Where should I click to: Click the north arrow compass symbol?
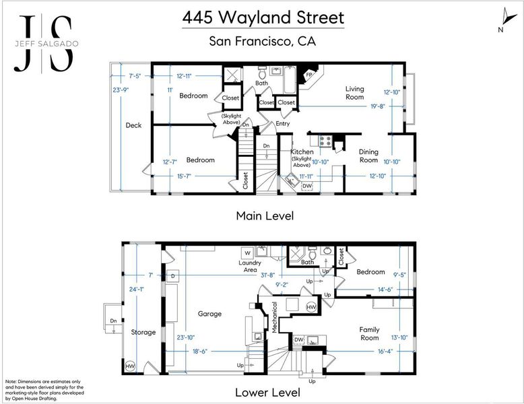click(x=509, y=17)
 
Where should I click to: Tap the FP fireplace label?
click(x=309, y=75)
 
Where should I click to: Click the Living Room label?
click(x=354, y=93)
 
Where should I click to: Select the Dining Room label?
click(x=368, y=156)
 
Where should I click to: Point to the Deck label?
click(x=133, y=125)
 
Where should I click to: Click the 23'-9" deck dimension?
click(x=121, y=90)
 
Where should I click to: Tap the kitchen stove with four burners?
click(x=325, y=141)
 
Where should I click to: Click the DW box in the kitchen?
click(x=307, y=186)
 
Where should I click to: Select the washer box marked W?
click(x=248, y=253)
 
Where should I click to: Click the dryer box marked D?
click(x=173, y=276)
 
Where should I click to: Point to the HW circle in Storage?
click(x=130, y=366)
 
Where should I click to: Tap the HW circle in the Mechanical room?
click(x=311, y=307)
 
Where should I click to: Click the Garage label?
click(x=209, y=314)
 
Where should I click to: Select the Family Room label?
click(x=369, y=333)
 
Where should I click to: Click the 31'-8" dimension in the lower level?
click(x=267, y=275)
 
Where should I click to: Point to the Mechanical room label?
click(x=274, y=317)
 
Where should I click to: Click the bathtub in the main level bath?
click(x=290, y=80)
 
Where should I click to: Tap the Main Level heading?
click(x=265, y=215)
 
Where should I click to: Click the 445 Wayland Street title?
click(x=263, y=18)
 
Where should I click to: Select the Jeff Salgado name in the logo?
click(x=46, y=44)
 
